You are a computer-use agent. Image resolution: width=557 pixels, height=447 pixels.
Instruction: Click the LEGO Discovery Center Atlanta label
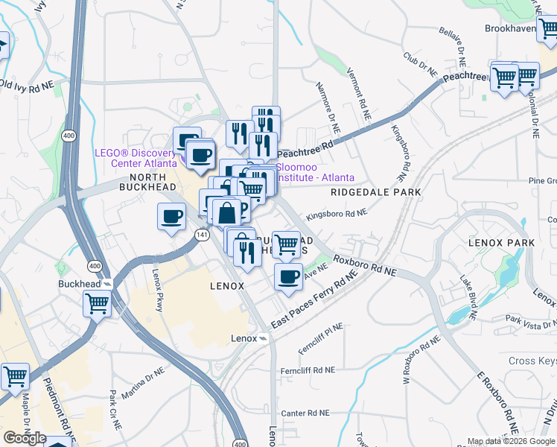tap(136, 158)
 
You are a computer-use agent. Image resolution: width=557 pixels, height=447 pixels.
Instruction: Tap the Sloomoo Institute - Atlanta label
tap(315, 172)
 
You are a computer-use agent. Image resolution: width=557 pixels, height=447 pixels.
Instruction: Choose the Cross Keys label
tap(532, 361)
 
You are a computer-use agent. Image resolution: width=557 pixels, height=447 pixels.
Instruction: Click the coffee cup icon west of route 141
tap(172, 217)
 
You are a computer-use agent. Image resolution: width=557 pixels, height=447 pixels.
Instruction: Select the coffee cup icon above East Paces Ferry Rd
tap(288, 277)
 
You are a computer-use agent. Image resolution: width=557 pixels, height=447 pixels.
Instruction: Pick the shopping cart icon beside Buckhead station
tap(97, 302)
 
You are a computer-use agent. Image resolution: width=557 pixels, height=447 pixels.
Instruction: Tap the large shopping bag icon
tap(227, 212)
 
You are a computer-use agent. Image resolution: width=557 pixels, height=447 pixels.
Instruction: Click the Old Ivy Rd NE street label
tap(28, 86)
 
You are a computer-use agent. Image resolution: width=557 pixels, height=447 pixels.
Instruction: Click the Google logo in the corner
tap(25, 438)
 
